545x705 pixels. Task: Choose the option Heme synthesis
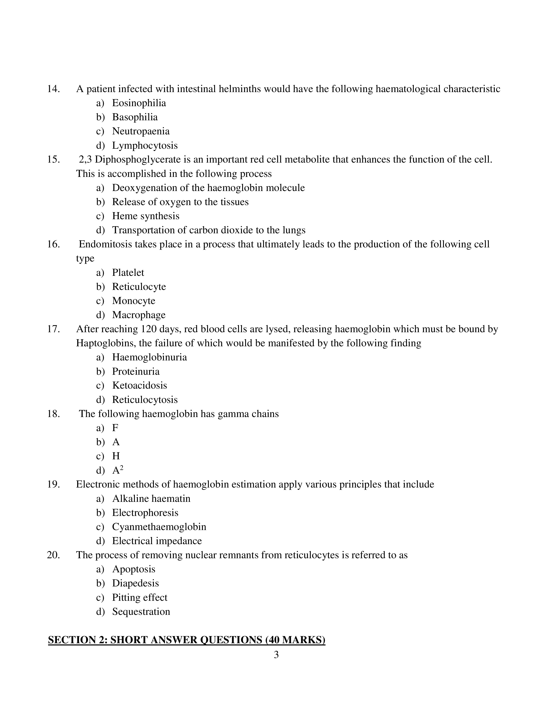pos(146,216)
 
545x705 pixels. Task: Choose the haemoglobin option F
pos(115,428)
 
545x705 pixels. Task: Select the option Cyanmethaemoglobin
pos(159,527)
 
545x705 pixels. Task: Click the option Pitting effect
pos(140,598)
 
